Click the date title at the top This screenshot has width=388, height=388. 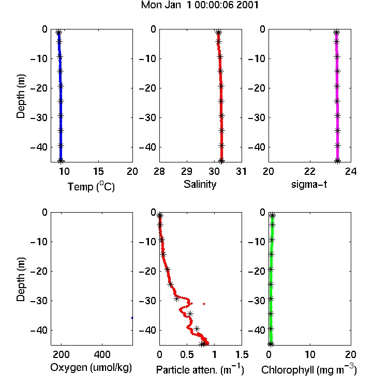[200, 5]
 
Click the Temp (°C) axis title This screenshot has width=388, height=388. [91, 186]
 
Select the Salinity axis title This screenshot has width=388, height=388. [200, 184]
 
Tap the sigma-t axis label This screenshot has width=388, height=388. [309, 184]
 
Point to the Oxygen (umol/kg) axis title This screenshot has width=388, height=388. [91, 367]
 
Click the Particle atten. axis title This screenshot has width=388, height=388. [200, 369]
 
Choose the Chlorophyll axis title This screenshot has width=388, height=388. [309, 369]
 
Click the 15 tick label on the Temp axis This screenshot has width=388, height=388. [98, 171]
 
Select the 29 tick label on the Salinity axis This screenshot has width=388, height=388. [187, 171]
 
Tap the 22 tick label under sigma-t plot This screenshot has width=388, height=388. [310, 171]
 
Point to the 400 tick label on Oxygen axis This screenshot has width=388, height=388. [102, 354]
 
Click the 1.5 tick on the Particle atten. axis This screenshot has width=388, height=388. [242, 354]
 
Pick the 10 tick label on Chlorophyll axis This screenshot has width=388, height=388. [310, 354]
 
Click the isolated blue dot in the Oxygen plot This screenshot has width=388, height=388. [132, 318]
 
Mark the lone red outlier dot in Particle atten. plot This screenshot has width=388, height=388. [204, 304]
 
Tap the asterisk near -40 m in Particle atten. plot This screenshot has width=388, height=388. [197, 329]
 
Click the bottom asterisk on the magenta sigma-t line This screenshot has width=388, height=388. [338, 161]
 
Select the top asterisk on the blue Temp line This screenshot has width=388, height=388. [58, 32]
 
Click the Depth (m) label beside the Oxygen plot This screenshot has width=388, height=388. [21, 279]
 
